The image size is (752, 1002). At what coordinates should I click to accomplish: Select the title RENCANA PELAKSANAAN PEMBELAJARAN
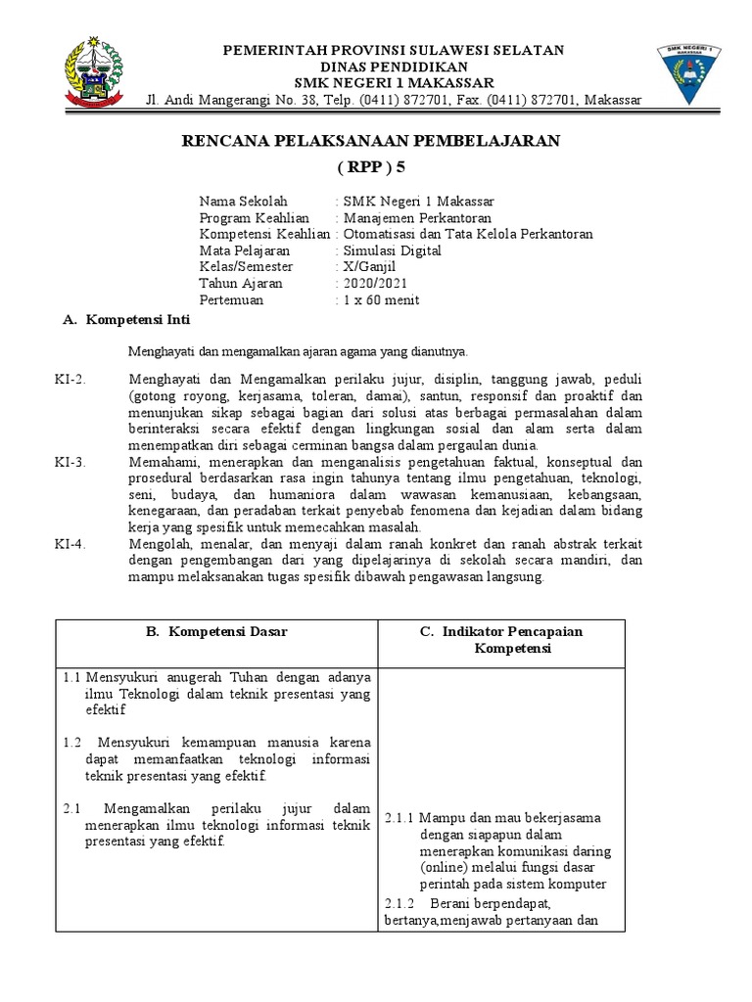point(371,141)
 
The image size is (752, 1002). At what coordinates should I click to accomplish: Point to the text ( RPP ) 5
point(371,167)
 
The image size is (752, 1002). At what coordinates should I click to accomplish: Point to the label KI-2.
point(70,379)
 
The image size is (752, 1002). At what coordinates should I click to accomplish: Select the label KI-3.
point(70,462)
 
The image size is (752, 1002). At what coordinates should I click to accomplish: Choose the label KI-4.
point(70,544)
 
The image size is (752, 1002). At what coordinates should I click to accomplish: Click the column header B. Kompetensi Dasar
point(216,631)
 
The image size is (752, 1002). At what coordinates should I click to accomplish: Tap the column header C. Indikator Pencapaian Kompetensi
point(500,640)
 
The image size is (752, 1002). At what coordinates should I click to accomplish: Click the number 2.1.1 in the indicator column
point(399,818)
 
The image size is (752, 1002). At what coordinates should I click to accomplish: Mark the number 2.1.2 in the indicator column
point(399,902)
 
